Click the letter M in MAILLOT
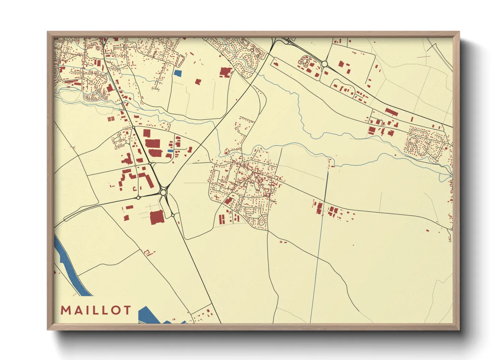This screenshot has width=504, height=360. point(65,310)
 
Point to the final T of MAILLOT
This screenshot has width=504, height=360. point(127,310)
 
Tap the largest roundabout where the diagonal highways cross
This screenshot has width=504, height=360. point(163,193)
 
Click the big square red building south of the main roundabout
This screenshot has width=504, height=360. point(157,217)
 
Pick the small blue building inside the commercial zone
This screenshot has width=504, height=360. point(170,151)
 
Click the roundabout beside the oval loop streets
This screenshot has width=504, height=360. point(324,64)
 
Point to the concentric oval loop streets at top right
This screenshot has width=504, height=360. point(304,61)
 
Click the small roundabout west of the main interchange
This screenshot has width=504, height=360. point(138,197)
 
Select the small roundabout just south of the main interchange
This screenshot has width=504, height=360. point(173,215)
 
